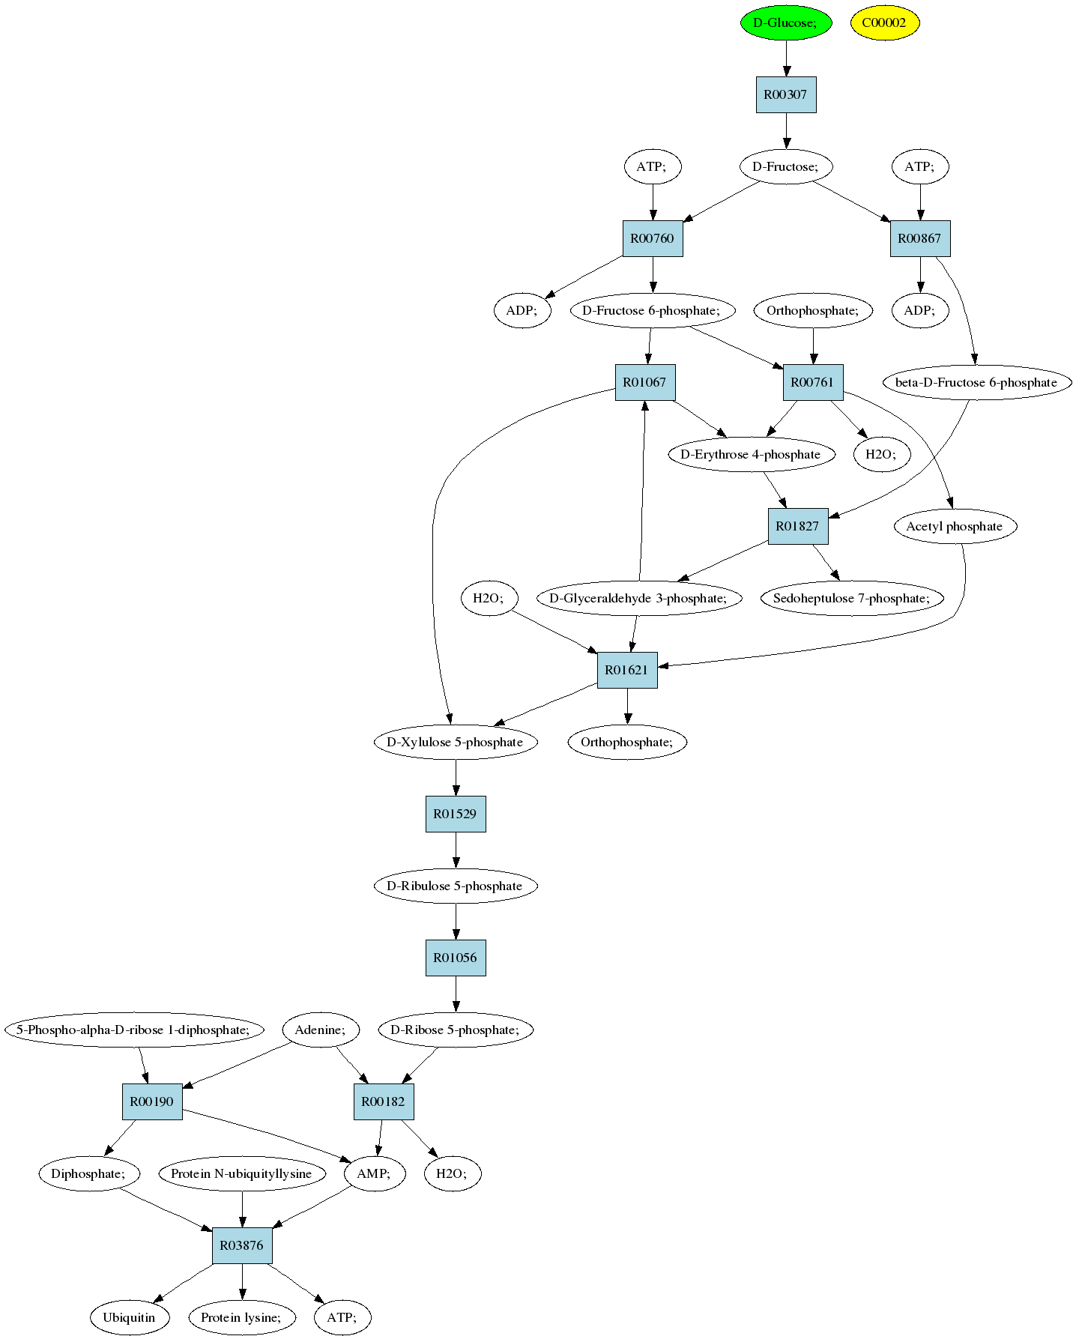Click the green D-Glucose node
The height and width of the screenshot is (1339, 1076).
point(786,22)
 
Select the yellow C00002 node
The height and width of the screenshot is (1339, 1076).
point(884,22)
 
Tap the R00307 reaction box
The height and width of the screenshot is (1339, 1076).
point(786,94)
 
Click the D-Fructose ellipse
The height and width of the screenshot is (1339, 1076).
point(786,166)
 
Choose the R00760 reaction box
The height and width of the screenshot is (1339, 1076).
point(653,238)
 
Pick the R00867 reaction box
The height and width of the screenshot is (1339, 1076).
point(920,238)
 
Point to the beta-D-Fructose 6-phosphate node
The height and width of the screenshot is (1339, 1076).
point(976,382)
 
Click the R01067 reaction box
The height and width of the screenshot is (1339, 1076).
point(645,382)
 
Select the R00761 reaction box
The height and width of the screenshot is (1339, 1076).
point(813,382)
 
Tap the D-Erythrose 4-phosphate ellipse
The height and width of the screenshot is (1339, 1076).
point(751,454)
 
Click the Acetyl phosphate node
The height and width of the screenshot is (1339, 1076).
point(955,526)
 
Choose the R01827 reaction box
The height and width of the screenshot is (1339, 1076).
point(798,526)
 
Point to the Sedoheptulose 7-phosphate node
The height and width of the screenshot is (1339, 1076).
point(852,598)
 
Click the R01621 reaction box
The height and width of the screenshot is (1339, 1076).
point(627,670)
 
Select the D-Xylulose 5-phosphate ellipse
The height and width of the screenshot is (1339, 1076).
point(456,742)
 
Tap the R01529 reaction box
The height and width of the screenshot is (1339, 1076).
point(456,814)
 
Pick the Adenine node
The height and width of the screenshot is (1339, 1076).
point(321,1030)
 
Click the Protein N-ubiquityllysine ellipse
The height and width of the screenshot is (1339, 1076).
point(242,1173)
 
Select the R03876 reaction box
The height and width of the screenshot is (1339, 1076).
point(242,1245)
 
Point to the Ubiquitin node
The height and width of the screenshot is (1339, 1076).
point(130,1317)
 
